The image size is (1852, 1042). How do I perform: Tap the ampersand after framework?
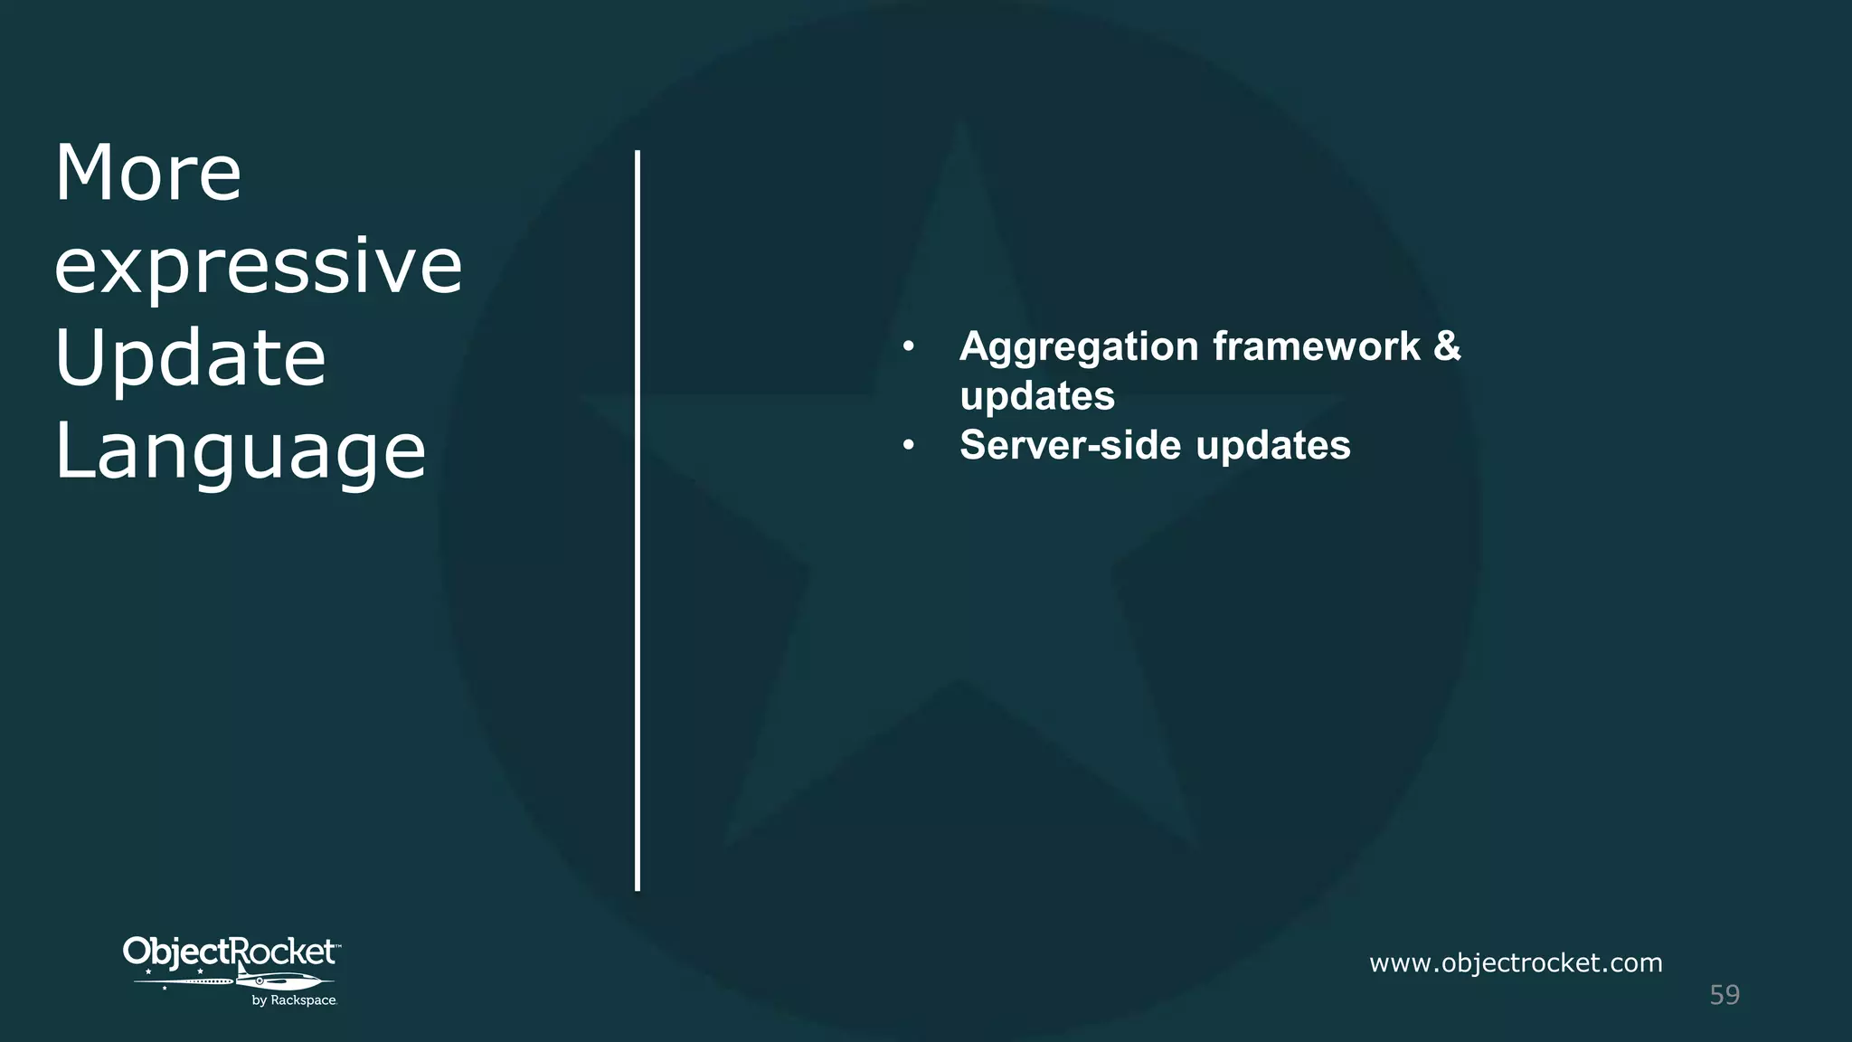[1447, 346]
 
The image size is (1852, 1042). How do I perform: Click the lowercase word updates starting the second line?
[1037, 396]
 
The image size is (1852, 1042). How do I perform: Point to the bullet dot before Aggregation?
[909, 346]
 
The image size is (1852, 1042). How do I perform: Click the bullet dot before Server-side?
[909, 445]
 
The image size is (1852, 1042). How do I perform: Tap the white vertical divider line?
[638, 520]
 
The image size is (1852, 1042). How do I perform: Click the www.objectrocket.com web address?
[1516, 962]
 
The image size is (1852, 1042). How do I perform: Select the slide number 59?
[1724, 995]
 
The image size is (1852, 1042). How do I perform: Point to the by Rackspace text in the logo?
[294, 1000]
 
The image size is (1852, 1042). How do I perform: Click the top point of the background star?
[962, 127]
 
